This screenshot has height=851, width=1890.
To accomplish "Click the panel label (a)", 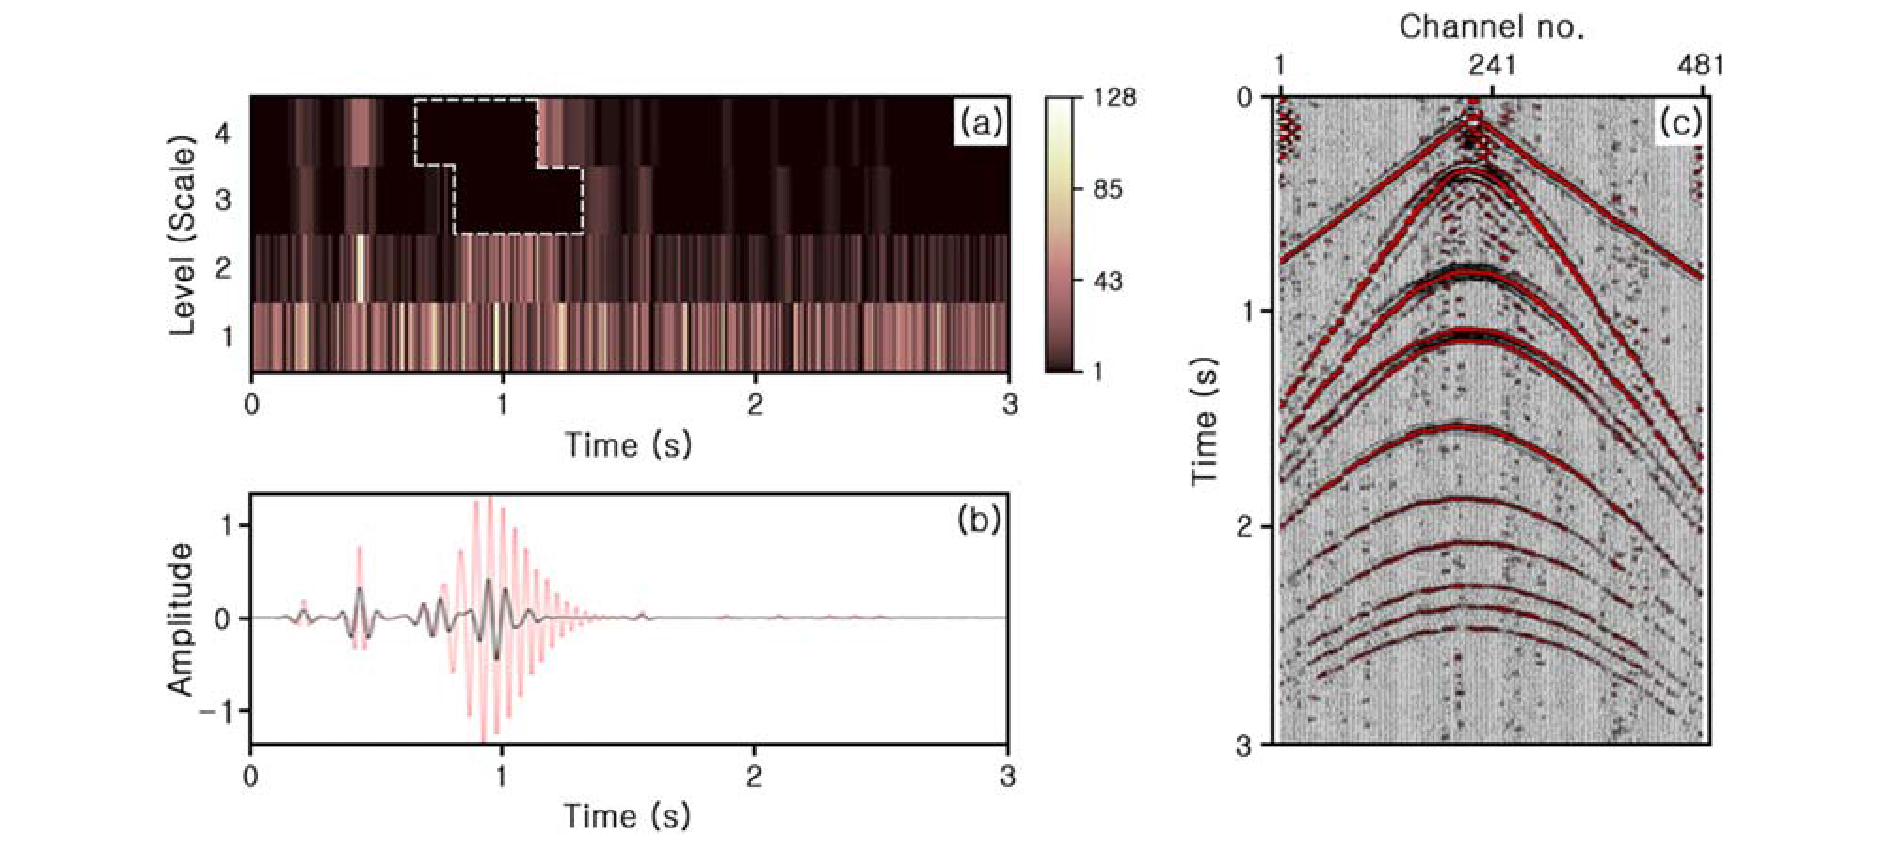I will [979, 123].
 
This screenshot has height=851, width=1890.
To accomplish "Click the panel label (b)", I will [979, 520].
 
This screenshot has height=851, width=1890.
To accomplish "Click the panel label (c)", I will [1679, 123].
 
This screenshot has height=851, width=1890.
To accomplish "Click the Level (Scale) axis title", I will [187, 235].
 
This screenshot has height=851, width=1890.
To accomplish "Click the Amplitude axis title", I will [181, 618].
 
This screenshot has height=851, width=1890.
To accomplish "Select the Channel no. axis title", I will [1492, 27].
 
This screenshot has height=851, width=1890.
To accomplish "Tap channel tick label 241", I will [1492, 66].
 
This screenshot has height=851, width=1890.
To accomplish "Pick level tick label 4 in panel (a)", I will [223, 135].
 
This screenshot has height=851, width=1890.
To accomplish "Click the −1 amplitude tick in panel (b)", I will [216, 711].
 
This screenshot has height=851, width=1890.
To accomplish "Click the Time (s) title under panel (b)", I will [628, 815].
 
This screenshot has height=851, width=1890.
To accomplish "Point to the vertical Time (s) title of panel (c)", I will [1206, 421].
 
